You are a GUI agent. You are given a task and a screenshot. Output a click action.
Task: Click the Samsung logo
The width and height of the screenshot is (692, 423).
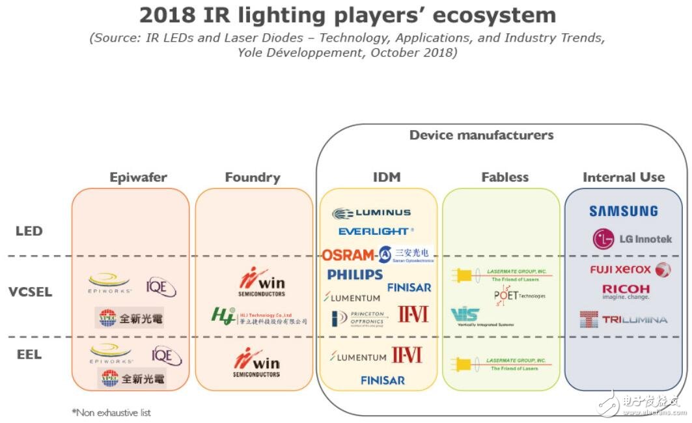(623, 211)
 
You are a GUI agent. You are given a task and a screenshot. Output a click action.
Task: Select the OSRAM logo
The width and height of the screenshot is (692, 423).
(348, 254)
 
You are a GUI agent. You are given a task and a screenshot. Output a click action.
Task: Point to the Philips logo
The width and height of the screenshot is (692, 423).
(355, 275)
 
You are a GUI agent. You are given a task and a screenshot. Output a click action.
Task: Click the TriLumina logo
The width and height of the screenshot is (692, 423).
(623, 319)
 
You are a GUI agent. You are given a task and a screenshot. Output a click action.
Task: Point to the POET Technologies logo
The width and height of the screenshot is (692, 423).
(519, 295)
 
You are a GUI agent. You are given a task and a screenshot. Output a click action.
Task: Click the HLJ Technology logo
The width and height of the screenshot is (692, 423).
(258, 316)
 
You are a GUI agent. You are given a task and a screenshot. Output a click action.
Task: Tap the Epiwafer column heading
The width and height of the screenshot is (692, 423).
(139, 177)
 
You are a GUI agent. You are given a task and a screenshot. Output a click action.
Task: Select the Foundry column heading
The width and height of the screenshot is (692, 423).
(253, 177)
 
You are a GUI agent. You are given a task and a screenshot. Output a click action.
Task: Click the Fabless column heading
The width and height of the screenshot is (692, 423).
(505, 177)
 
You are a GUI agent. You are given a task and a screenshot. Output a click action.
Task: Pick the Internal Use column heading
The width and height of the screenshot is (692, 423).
(623, 177)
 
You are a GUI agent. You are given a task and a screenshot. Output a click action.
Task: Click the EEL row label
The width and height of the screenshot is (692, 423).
(29, 355)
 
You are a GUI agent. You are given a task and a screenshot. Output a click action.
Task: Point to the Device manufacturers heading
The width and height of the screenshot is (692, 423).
(481, 135)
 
